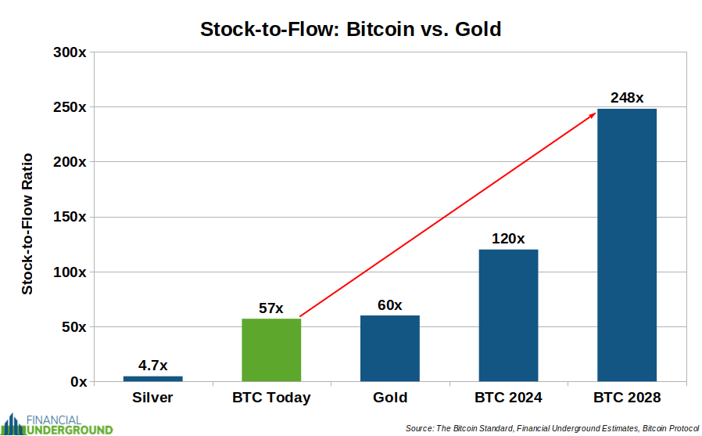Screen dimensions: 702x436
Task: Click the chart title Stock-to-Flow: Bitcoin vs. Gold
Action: [350, 29]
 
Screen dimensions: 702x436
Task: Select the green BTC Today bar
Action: [271, 350]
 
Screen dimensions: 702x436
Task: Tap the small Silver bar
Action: [153, 379]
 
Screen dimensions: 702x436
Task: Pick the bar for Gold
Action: [390, 348]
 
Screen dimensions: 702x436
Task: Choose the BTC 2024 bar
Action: [509, 315]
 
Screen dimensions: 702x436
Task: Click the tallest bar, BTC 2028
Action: [627, 245]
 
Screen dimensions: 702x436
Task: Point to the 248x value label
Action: [627, 98]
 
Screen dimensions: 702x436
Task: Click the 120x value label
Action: [508, 239]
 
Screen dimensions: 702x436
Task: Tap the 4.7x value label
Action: [152, 366]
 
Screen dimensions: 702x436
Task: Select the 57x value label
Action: [270, 308]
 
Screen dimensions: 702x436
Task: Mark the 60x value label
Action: [389, 305]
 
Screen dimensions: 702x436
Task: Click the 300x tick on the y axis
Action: [70, 52]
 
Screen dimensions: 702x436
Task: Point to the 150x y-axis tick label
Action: [70, 217]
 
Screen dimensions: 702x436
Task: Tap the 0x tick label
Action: [78, 382]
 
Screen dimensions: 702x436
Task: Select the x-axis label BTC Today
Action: [271, 398]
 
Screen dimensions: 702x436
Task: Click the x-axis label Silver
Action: [152, 398]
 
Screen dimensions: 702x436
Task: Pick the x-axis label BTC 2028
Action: [627, 398]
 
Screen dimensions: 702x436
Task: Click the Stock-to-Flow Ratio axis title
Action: [27, 224]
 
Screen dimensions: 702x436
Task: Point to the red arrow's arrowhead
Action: [593, 115]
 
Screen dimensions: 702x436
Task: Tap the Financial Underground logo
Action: [57, 424]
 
